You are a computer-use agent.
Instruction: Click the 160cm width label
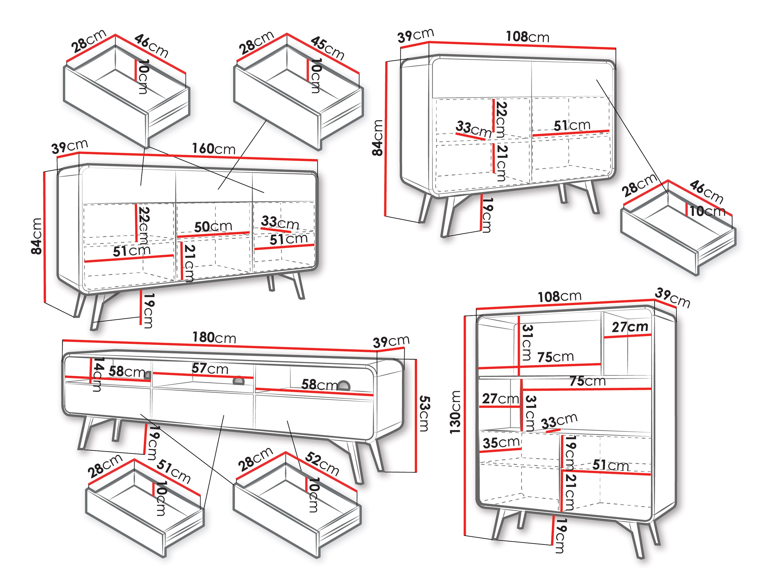pyautogui.click(x=214, y=148)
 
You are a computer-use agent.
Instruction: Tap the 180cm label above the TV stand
pyautogui.click(x=214, y=338)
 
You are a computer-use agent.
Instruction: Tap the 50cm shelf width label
pyautogui.click(x=213, y=226)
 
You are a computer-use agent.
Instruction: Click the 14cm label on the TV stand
pyautogui.click(x=98, y=374)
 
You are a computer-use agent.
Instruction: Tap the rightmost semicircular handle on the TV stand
pyautogui.click(x=343, y=385)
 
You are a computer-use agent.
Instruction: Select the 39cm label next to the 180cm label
pyautogui.click(x=391, y=341)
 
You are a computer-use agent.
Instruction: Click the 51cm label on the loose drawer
pyautogui.click(x=173, y=471)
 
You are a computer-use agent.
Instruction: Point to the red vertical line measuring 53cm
pyautogui.click(x=416, y=415)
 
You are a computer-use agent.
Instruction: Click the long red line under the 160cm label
pyautogui.click(x=198, y=156)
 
